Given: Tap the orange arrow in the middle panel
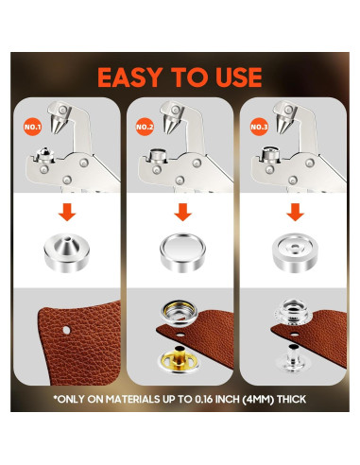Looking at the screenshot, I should (180, 212).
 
